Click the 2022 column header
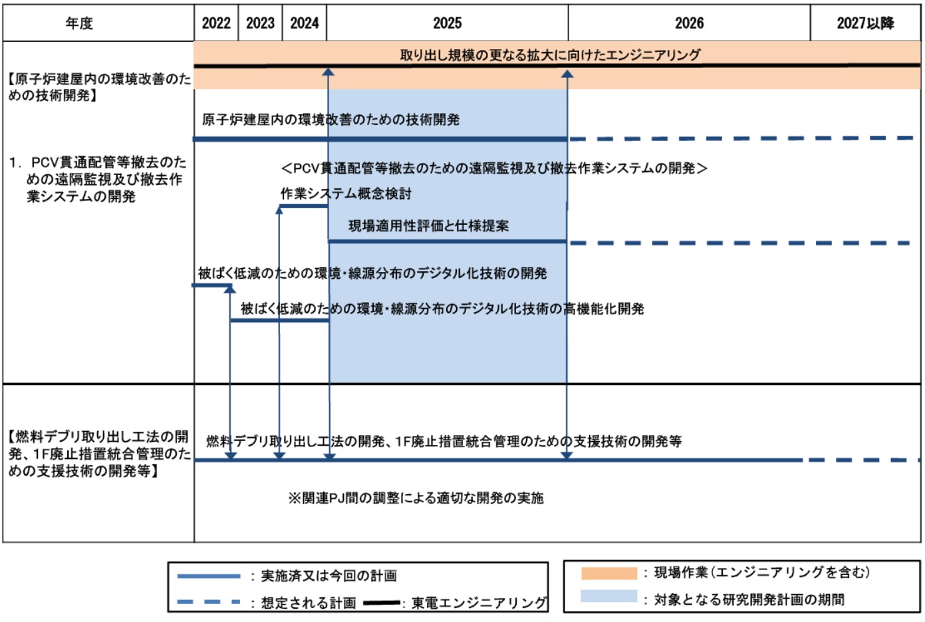point(216,23)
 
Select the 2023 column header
point(260,23)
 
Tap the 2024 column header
point(305,23)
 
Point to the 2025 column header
point(447,23)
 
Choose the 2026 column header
point(689,23)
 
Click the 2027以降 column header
point(865,23)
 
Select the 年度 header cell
point(79,23)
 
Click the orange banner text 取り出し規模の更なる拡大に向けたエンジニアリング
point(550,55)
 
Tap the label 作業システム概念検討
point(346,194)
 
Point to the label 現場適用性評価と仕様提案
point(429,226)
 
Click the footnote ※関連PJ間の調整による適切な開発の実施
point(416,498)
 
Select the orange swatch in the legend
point(608,573)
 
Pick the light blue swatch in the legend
point(608,597)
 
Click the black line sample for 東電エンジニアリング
point(382,603)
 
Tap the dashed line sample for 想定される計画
point(209,603)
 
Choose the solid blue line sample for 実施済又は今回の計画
point(209,576)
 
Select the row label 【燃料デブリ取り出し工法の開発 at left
point(98,454)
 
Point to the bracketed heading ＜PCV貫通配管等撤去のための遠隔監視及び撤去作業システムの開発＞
point(494,168)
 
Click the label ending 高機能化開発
point(442,309)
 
